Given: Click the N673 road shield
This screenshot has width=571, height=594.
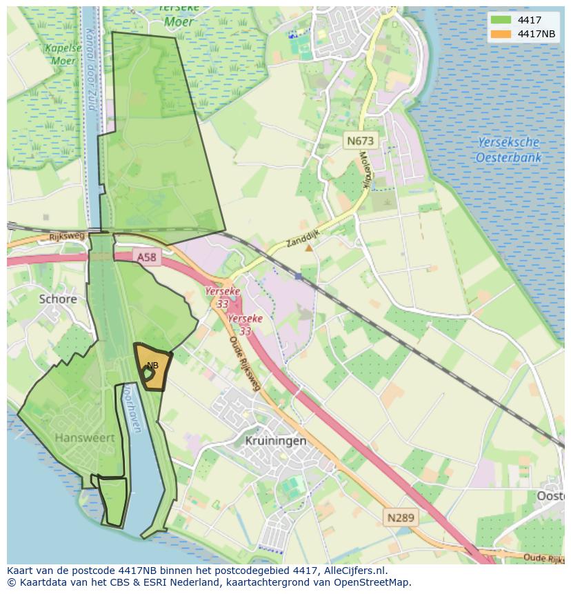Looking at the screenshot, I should pos(360,141).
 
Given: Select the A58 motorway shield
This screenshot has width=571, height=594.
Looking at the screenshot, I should pos(147,257).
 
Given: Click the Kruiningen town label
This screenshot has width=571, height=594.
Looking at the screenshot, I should pos(276,440).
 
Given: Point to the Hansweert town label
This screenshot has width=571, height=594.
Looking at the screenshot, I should pos(84,437).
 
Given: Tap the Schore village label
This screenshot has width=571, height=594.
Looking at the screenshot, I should pos(58,299).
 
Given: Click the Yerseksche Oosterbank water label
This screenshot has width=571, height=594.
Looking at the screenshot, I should pos(508,150).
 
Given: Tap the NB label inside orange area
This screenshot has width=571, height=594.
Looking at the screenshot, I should pos(152,365).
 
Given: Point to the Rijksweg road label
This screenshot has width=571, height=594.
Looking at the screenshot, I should pos(66,237).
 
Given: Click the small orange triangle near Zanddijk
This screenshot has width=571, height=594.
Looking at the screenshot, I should pos(309,247).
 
